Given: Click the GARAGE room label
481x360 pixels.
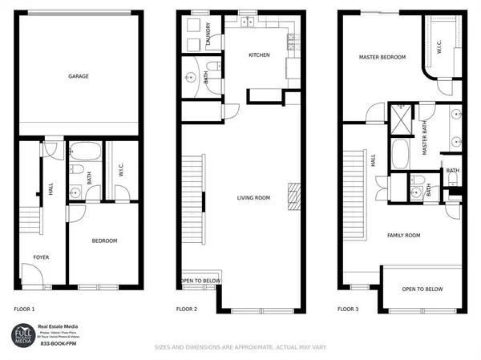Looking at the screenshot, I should pyautogui.click(x=78, y=76).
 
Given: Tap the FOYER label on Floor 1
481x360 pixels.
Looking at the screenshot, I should pyautogui.click(x=40, y=257).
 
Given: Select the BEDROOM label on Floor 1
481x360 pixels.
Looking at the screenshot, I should pyautogui.click(x=104, y=241).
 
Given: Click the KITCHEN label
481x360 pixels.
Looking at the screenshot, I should pyautogui.click(x=259, y=55).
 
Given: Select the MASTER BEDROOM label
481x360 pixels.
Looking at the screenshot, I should pyautogui.click(x=382, y=57).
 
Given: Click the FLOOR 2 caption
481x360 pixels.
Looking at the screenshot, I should pyautogui.click(x=187, y=309).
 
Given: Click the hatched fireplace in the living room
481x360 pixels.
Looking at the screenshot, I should pyautogui.click(x=293, y=196).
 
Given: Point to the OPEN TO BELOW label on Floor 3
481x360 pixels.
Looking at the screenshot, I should pyautogui.click(x=422, y=289).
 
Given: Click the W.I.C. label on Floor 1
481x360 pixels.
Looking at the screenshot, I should pyautogui.click(x=120, y=171).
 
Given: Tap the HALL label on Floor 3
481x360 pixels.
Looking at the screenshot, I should pyautogui.click(x=374, y=160).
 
